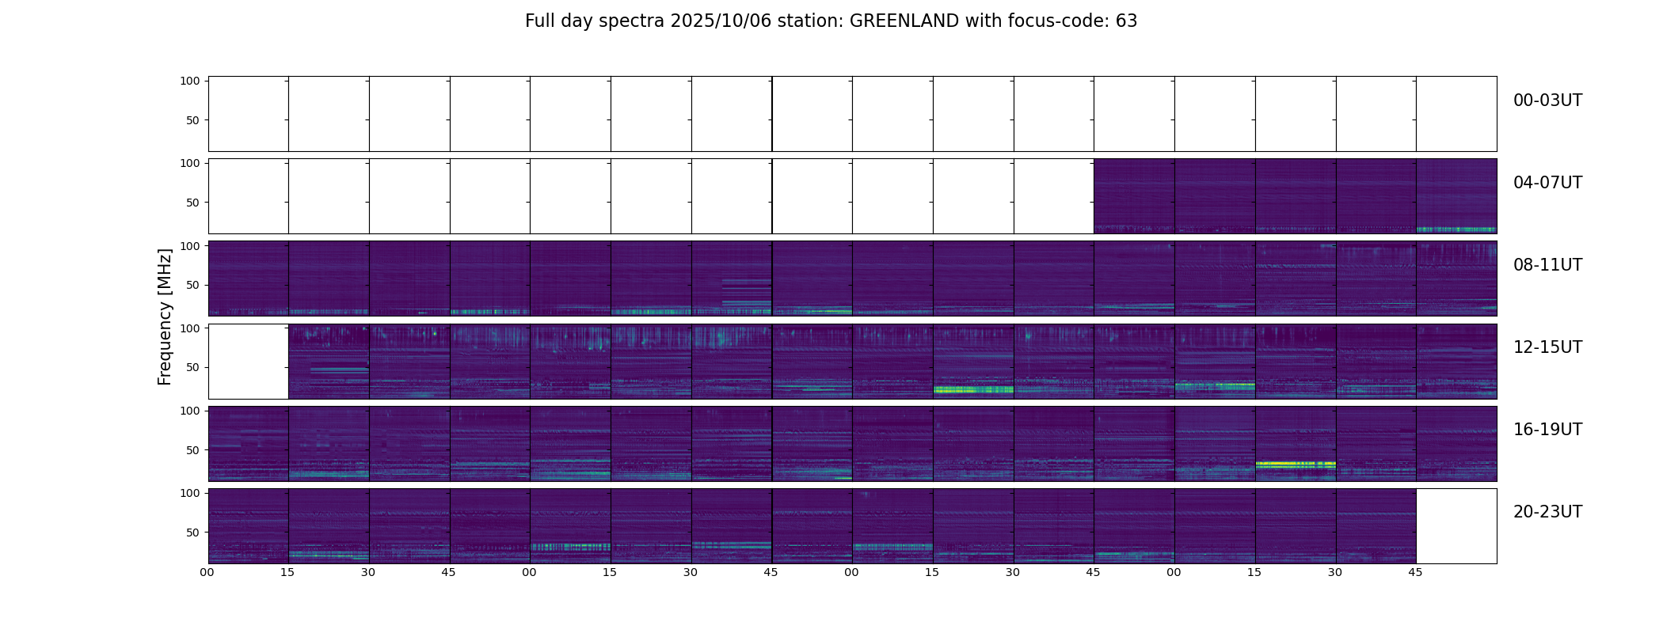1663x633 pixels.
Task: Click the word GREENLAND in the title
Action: click(x=904, y=21)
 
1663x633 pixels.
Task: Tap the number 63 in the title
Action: click(x=1126, y=21)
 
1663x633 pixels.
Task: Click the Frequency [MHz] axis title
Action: click(x=165, y=316)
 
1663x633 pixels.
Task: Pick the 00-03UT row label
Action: click(x=1547, y=100)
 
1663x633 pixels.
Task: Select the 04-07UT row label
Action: click(x=1547, y=183)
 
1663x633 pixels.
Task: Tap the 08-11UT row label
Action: click(x=1547, y=265)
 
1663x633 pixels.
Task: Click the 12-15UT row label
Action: click(x=1547, y=347)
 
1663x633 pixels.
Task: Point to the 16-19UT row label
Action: click(x=1547, y=430)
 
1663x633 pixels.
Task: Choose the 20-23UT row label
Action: click(x=1547, y=512)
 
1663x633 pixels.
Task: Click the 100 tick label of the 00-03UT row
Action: click(x=190, y=81)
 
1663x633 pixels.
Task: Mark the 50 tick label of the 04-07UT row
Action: click(x=192, y=203)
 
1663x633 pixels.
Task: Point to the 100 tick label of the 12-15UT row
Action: click(x=190, y=328)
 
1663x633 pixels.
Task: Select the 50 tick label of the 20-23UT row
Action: click(x=192, y=533)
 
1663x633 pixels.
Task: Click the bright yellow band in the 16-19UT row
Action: click(x=1295, y=464)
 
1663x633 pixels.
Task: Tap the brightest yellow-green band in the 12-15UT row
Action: click(x=973, y=389)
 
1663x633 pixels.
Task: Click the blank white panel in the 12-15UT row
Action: click(x=248, y=361)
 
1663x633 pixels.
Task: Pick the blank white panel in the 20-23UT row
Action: click(x=1456, y=525)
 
